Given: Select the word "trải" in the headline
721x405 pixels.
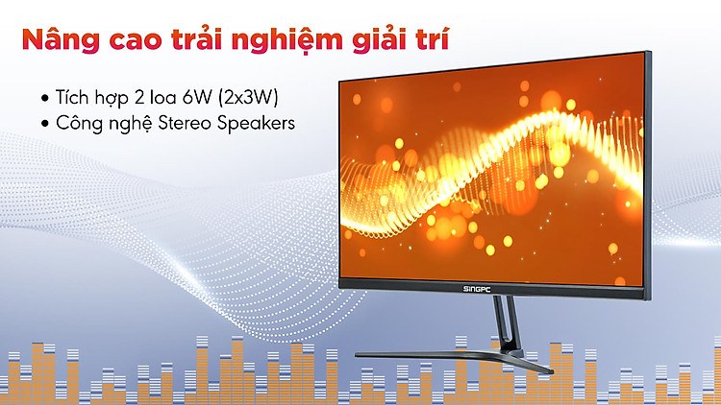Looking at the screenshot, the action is coord(198,38).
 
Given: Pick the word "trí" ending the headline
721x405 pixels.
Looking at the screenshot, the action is coord(433,39).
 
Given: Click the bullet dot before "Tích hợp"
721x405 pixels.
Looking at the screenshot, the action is coord(44,98).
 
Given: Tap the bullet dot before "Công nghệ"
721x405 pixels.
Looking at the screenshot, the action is coord(44,124).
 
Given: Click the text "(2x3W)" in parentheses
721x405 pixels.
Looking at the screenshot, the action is coord(248,97).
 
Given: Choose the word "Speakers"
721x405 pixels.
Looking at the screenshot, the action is coord(256,124).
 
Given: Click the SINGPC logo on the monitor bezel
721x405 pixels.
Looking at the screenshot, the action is coord(477,289).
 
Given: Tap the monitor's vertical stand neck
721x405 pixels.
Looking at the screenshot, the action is coord(508,323).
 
